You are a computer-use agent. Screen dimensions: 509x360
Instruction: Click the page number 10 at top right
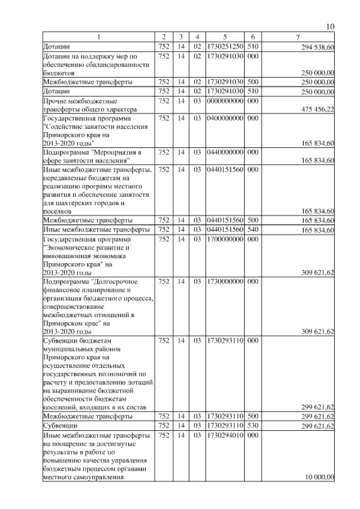click(x=330, y=27)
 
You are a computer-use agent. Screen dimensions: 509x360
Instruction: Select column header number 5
click(x=225, y=37)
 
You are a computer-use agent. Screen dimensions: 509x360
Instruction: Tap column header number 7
click(x=298, y=37)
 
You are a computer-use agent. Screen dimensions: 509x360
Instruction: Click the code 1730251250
click(x=225, y=46)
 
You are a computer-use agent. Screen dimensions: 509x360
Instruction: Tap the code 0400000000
click(x=225, y=119)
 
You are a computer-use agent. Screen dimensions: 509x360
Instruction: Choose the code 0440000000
click(x=225, y=152)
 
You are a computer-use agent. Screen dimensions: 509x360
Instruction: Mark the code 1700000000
click(x=225, y=239)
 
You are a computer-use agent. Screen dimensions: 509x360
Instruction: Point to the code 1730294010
click(x=225, y=435)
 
